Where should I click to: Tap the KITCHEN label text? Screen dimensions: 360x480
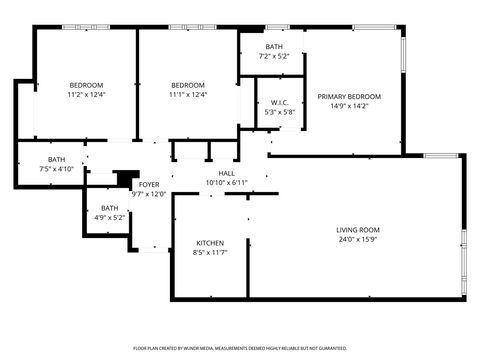[x=209, y=243]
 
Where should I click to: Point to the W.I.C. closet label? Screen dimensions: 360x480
[x=280, y=103]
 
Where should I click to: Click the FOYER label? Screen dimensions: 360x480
[x=148, y=185]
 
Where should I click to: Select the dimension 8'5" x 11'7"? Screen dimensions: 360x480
[x=209, y=253]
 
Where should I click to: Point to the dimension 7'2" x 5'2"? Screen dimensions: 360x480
[x=273, y=57]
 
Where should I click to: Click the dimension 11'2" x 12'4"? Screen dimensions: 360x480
[x=86, y=95]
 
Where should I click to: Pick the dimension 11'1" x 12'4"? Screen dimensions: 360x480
[x=187, y=95]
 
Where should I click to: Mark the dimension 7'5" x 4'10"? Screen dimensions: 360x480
[x=57, y=169]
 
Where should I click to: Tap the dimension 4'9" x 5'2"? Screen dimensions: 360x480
[x=109, y=217]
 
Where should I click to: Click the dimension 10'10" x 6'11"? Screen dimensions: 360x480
[x=226, y=183]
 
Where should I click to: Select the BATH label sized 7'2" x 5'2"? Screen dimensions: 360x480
[x=273, y=47]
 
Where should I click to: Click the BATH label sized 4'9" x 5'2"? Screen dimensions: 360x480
[x=109, y=207]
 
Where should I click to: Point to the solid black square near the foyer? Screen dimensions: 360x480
[x=125, y=178]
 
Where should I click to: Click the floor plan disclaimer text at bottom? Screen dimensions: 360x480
[x=240, y=348]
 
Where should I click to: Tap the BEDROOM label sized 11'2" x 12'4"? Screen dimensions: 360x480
[x=86, y=85]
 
